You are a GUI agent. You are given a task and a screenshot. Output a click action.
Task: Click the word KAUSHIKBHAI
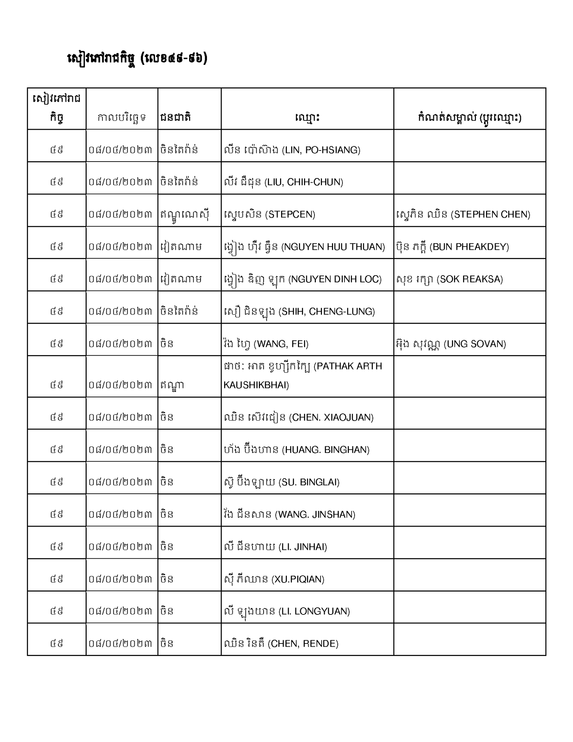click(256, 385)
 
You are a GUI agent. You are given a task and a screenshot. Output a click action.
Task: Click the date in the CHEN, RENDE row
click(120, 643)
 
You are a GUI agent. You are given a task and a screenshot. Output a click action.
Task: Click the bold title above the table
click(138, 58)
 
